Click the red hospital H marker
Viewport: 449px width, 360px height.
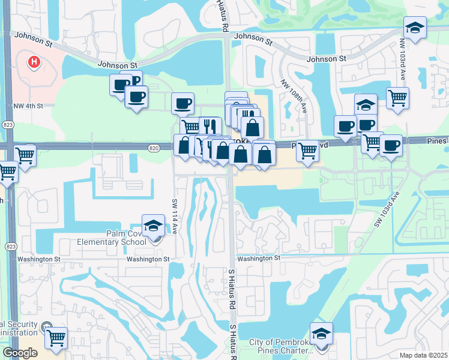tap(34, 61)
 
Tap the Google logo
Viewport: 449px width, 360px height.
tap(20, 353)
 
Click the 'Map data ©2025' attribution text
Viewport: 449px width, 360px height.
tap(423, 355)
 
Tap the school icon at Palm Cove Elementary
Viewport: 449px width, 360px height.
tap(153, 226)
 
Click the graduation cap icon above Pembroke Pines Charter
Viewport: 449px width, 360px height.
tap(321, 334)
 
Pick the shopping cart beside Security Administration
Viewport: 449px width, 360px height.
tap(56, 338)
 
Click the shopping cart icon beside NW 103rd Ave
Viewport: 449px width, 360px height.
tap(397, 98)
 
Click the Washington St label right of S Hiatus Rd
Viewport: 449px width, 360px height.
tap(258, 258)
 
